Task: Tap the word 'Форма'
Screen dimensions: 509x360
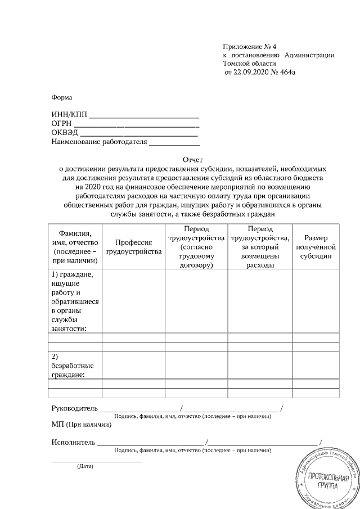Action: point(62,97)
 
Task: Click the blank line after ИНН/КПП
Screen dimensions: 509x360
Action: point(145,116)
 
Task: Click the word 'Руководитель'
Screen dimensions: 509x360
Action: point(74,408)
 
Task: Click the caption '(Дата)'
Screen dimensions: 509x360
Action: point(85,466)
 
